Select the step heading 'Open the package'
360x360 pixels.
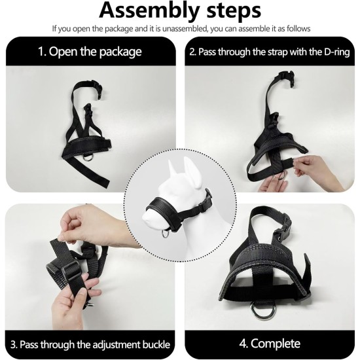(95, 52)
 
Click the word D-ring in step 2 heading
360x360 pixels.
(337, 52)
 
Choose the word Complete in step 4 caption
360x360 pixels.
(276, 344)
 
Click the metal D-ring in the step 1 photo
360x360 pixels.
(88, 158)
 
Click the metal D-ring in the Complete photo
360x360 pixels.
(259, 310)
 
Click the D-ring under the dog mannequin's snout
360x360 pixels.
(166, 234)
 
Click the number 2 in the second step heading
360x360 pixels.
(192, 52)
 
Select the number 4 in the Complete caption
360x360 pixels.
(243, 344)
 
